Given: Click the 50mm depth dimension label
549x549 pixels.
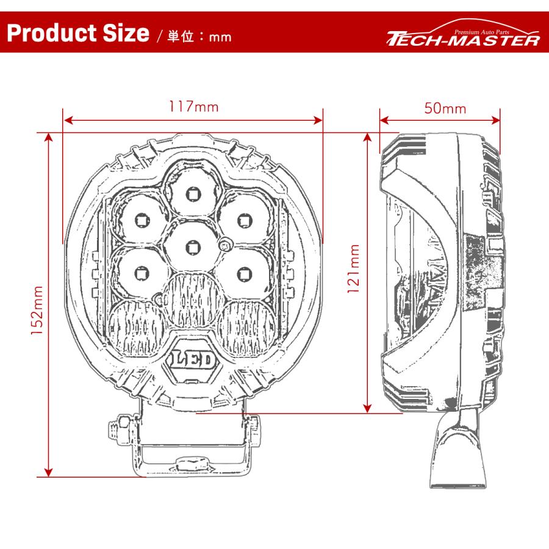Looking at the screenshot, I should pos(445,109).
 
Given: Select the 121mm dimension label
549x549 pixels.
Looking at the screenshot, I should pos(353,269).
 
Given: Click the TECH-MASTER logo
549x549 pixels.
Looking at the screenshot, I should pos(464,38).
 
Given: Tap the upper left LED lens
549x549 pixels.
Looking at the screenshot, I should pos(141,217).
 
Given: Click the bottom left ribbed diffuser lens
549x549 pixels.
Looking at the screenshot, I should pos(136,328).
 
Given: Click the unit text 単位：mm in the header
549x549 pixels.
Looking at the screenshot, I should pos(199,36).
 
